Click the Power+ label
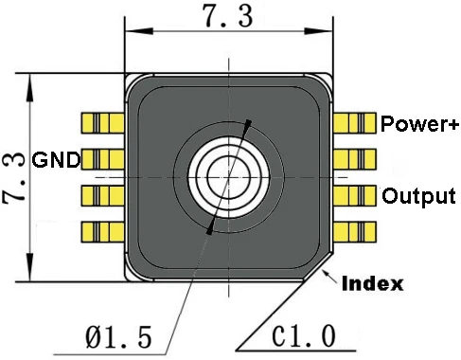(419, 123)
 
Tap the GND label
(56, 160)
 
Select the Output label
(418, 196)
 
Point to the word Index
(373, 283)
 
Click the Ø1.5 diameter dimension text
(118, 337)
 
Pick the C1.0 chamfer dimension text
(304, 336)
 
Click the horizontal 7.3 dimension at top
(228, 16)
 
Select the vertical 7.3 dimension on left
(13, 177)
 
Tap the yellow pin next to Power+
(355, 123)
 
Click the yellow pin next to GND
(102, 159)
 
